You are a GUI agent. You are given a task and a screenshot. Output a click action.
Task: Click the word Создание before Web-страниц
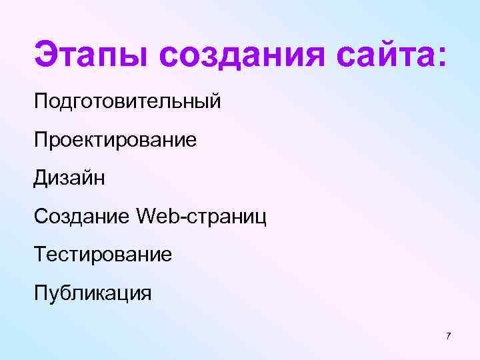pyautogui.click(x=82, y=217)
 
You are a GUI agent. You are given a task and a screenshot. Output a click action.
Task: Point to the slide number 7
pyautogui.click(x=448, y=335)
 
